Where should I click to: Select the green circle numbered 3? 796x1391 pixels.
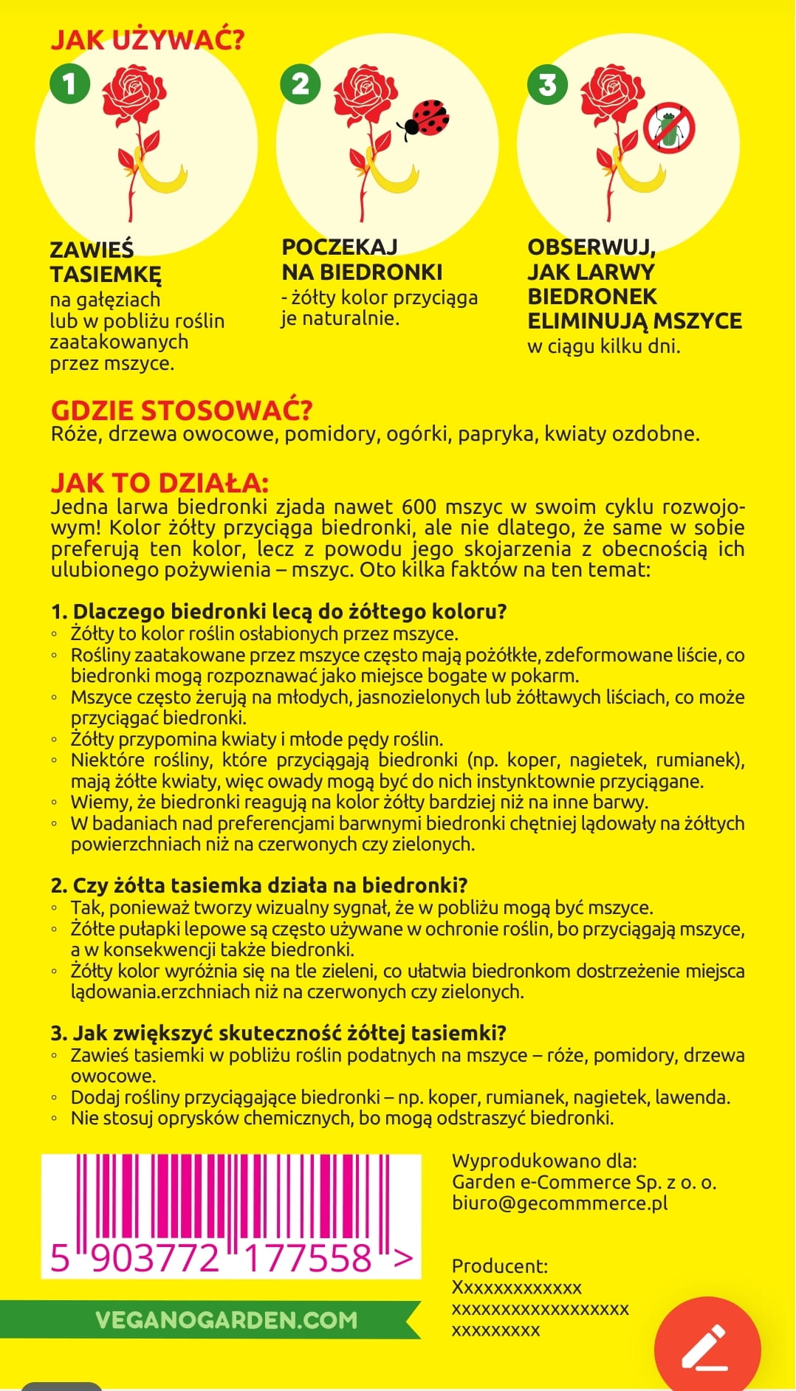coord(547,84)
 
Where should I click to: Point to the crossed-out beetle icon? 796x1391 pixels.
coord(669,128)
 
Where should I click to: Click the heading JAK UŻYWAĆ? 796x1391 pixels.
coord(147,39)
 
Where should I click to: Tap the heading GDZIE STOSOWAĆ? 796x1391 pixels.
coord(182,410)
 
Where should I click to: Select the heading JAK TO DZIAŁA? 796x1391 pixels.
coord(159,482)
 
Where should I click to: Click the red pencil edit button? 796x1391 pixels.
coord(707,1348)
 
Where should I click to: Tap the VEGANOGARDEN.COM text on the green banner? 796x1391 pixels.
coord(226,1320)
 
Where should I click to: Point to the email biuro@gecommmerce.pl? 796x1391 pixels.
coord(560,1203)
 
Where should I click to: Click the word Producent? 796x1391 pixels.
coord(500,1266)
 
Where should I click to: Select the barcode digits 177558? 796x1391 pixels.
coord(308,1258)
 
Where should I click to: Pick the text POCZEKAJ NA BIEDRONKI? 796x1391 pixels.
coord(362,259)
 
